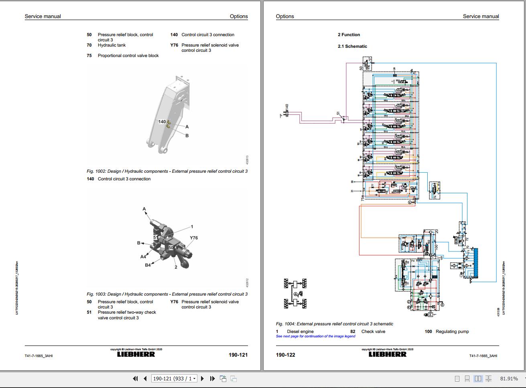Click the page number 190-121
click(238, 355)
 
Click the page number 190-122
click(285, 355)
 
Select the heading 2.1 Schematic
click(352, 46)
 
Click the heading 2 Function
click(349, 35)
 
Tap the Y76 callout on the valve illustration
click(194, 238)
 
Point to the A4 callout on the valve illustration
click(143, 257)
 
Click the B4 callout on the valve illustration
click(148, 265)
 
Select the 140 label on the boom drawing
click(162, 121)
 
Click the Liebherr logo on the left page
click(136, 354)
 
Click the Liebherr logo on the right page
click(387, 354)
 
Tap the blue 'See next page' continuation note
click(315, 336)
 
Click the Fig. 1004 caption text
click(334, 324)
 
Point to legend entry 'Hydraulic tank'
click(112, 45)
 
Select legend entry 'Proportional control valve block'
click(128, 55)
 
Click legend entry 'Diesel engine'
click(300, 331)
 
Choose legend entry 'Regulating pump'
click(452, 331)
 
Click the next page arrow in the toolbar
click(203, 378)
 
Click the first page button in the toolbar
click(135, 378)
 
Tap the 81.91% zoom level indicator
click(509, 378)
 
